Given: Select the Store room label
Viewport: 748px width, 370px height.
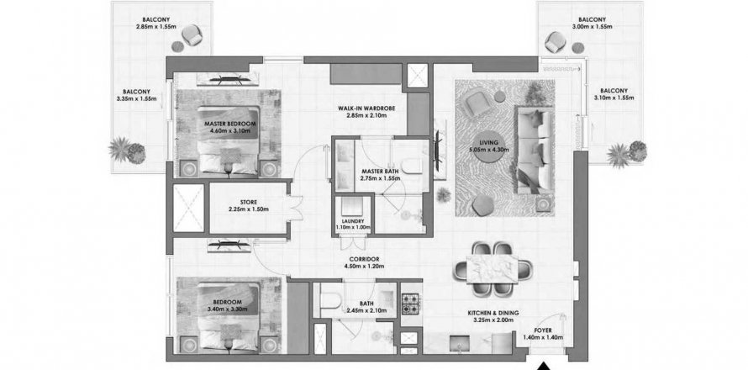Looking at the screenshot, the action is point(249,203).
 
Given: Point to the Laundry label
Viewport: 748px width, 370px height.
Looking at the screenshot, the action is point(353,221).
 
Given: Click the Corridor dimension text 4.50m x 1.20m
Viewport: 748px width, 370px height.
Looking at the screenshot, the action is point(364,267).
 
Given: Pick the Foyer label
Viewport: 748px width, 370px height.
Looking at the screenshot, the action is point(543,330).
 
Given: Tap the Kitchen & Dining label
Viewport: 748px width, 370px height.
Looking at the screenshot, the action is point(493,313).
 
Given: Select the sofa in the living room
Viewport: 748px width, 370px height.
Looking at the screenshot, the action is point(535,151).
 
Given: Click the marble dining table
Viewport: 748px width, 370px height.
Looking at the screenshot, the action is point(492,269).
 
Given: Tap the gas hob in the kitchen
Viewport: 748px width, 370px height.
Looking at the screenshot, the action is point(411,304).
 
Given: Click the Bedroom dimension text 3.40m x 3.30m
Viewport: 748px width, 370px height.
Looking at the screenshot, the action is point(227,309).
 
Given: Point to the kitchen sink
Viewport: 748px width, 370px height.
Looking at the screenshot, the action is point(458,344).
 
